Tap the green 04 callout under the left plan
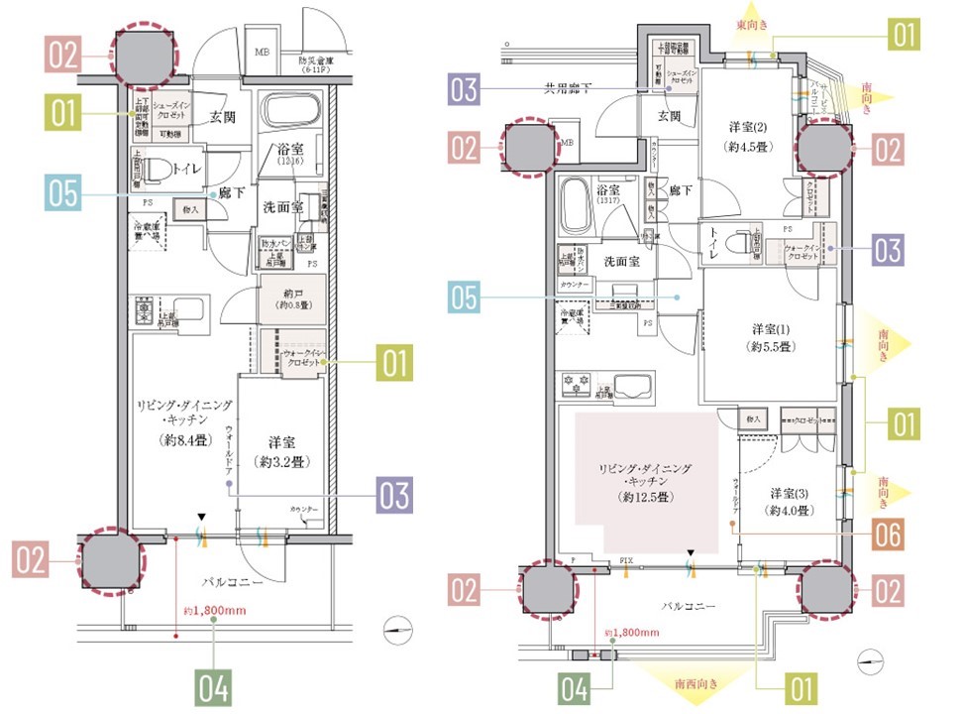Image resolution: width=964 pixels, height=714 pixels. pyautogui.click(x=213, y=687)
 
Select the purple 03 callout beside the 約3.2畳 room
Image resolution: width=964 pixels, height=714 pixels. pyautogui.click(x=394, y=493)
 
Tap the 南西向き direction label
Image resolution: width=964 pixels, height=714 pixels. pyautogui.click(x=697, y=683)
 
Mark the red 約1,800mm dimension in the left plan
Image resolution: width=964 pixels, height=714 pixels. pyautogui.click(x=214, y=611)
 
